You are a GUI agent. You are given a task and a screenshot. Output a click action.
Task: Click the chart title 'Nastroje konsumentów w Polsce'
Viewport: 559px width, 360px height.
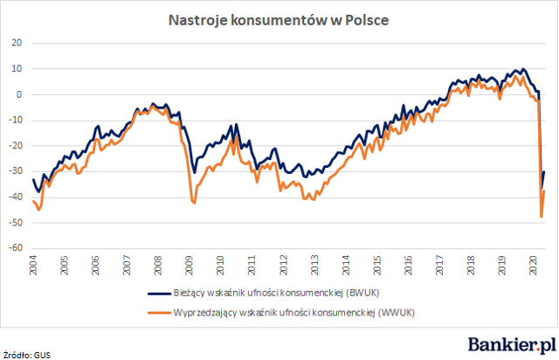pos(279,20)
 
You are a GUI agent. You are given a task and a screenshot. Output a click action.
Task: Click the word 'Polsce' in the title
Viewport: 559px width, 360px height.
pos(367,20)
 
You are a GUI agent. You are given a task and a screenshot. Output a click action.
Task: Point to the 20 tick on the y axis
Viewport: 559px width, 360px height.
pos(17,43)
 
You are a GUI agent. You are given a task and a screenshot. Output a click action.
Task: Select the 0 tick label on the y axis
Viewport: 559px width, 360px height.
pos(19,94)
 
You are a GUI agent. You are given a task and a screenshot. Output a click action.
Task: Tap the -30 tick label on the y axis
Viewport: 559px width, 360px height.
pos(16,171)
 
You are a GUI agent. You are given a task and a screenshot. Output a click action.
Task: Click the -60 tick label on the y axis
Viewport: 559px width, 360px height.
pos(16,247)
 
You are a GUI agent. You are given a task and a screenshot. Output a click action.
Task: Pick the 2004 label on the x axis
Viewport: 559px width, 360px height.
pos(33,265)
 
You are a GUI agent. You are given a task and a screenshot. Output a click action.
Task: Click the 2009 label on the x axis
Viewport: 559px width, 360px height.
pos(190,265)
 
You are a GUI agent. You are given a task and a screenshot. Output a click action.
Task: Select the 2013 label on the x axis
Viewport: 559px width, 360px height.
pos(314,265)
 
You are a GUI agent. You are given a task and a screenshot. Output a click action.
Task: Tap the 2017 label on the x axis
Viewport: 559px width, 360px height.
pos(439,265)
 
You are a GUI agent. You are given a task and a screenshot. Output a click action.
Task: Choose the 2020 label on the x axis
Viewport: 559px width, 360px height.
pos(534,265)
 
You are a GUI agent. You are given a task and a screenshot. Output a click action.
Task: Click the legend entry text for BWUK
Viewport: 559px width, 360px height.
pos(276,293)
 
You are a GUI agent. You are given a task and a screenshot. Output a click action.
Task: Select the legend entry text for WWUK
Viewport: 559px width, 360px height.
pos(294,313)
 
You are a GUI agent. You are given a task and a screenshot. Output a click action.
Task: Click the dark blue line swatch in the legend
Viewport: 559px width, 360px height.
pos(159,294)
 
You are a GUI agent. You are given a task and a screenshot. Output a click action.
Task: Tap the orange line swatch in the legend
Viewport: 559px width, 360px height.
pos(159,313)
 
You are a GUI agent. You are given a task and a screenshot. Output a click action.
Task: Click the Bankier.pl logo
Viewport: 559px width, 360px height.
pos(512,344)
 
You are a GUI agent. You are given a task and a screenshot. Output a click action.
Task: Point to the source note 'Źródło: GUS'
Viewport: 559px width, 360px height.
pos(27,355)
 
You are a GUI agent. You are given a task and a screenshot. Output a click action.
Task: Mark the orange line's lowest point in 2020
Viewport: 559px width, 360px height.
pos(542,217)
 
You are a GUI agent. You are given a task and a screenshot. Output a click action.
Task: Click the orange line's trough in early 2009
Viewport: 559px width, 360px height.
pos(194,203)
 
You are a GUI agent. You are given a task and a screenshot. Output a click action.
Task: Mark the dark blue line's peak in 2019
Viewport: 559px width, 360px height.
pos(522,68)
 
